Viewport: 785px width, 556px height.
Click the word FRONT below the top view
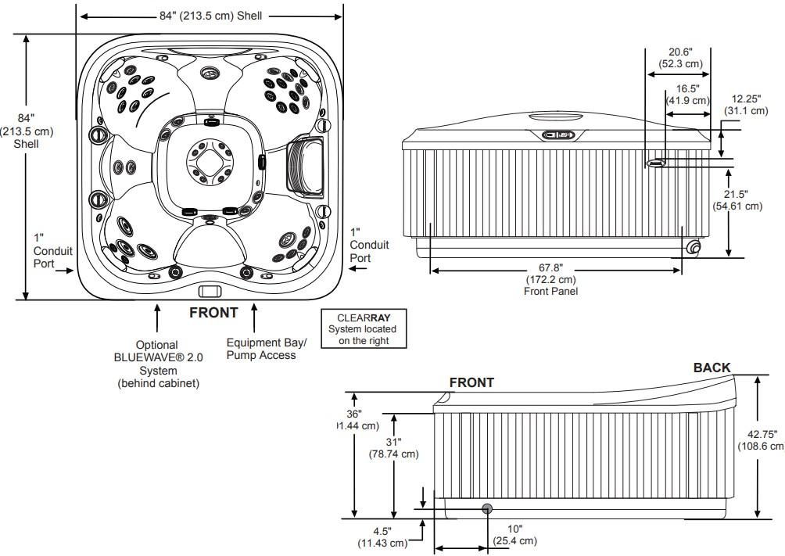213,313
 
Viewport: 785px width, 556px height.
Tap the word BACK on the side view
712,368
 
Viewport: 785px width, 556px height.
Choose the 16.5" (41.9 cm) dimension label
687,95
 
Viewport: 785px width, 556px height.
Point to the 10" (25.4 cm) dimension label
514,535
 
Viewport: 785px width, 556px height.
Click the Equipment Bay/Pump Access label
261,349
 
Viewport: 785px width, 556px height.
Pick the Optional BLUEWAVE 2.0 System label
156,364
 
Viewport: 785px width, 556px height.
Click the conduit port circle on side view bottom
487,509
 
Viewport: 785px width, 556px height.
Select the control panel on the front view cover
559,135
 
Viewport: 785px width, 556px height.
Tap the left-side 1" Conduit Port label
53,251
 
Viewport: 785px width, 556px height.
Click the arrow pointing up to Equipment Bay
254,316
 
